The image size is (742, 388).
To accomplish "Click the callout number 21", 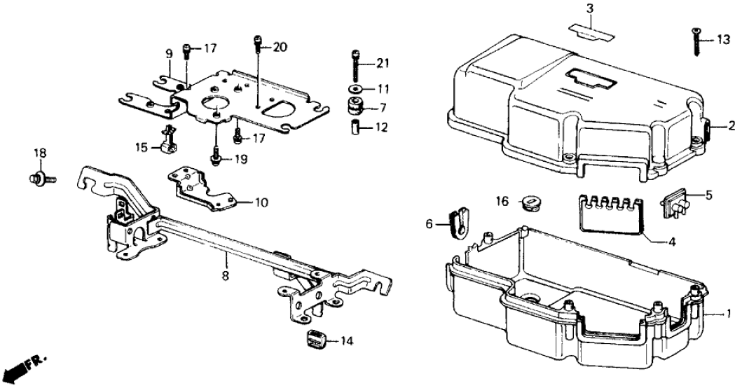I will [x=382, y=64].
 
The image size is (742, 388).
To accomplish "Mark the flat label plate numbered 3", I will [x=589, y=29].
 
